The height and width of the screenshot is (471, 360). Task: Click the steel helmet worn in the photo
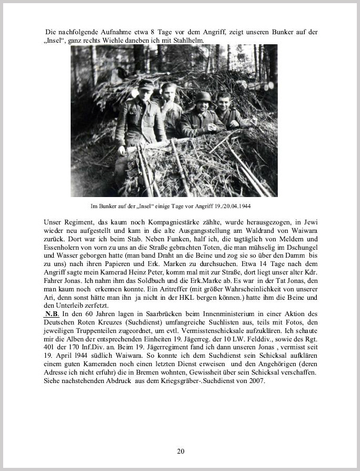tap(203, 96)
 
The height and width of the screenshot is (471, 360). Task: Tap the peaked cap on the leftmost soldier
tap(145, 84)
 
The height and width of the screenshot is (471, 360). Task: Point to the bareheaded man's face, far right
tap(223, 103)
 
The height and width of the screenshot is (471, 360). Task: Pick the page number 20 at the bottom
tap(180, 451)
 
